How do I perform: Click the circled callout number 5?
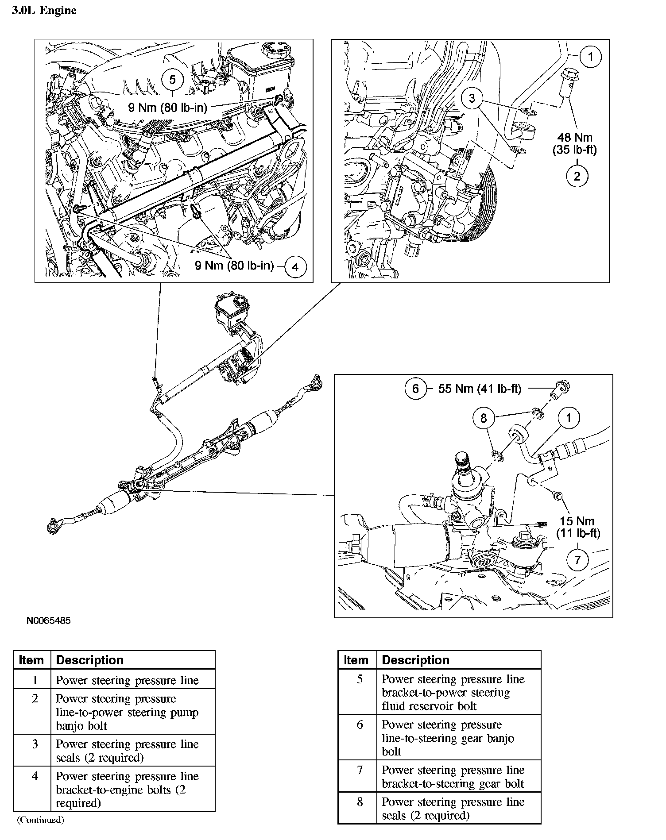[173, 80]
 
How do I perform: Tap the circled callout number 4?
[295, 267]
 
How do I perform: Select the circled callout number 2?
[577, 176]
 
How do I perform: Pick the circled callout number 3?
[472, 98]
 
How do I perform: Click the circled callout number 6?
[415, 389]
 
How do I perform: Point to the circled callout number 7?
[577, 560]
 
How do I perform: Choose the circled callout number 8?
[484, 418]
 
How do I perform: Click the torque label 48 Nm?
[574, 137]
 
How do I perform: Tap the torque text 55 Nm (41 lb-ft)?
[480, 389]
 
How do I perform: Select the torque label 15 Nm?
[577, 521]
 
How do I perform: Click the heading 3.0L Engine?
[44, 11]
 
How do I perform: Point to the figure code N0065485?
[48, 620]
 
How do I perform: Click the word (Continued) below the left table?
[41, 820]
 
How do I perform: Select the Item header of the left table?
[32, 660]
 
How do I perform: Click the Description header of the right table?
[415, 660]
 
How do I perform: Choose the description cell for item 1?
[128, 680]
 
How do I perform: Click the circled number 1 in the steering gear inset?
[569, 418]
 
